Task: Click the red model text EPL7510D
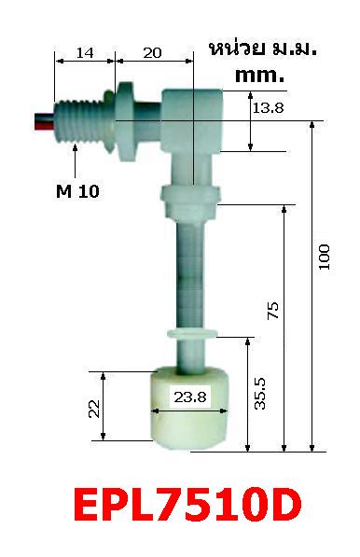click(x=187, y=507)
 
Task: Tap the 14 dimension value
click(x=84, y=53)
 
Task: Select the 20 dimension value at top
click(x=154, y=53)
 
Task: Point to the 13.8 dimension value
click(x=268, y=109)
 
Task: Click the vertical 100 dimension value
click(x=324, y=258)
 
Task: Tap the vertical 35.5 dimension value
click(x=260, y=393)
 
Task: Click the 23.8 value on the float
click(x=189, y=397)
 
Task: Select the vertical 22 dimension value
click(x=94, y=407)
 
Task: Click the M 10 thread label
click(x=77, y=191)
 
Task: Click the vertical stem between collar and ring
click(x=190, y=271)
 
